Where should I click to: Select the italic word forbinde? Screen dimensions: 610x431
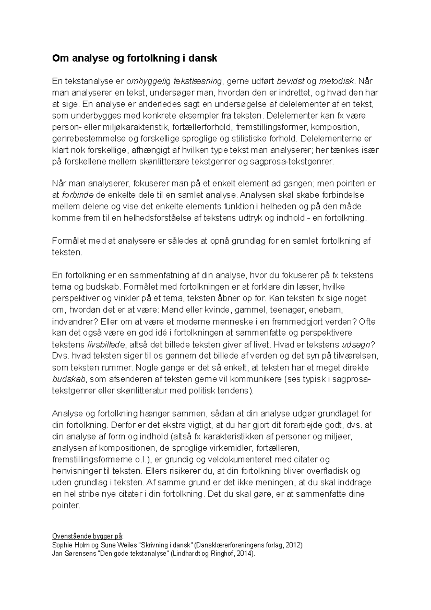(78, 195)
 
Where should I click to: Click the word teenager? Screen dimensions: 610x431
(286, 310)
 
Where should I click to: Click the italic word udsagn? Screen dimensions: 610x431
(355, 345)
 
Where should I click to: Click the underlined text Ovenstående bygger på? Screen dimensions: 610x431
(87, 536)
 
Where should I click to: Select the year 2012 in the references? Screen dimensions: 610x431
(294, 545)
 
